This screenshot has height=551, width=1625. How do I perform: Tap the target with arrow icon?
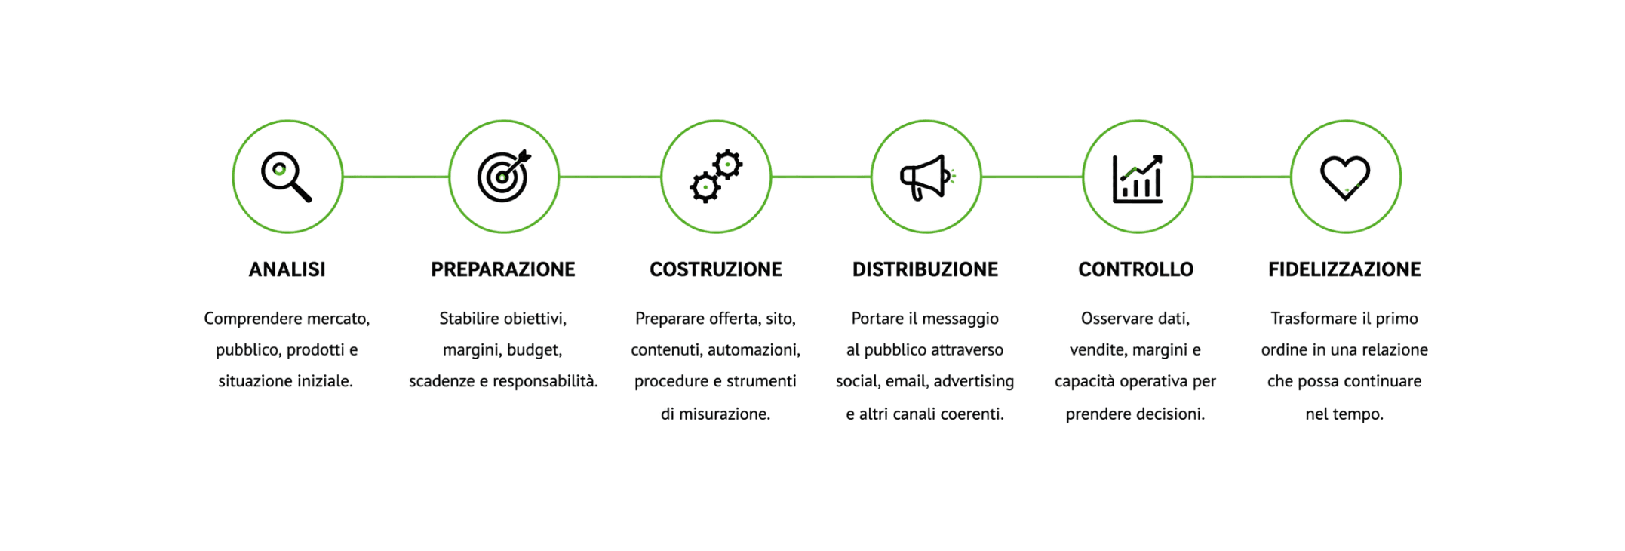point(504,176)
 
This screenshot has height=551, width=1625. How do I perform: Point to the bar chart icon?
point(1138,179)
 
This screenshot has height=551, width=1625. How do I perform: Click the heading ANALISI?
point(287,269)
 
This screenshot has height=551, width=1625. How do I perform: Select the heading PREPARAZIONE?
point(503,269)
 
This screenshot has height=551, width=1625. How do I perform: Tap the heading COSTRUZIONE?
point(716,269)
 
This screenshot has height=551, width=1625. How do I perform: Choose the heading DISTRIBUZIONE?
point(925,269)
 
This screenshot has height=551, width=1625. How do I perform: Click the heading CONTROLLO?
point(1136,269)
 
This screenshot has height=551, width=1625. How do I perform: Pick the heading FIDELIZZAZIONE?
point(1344,269)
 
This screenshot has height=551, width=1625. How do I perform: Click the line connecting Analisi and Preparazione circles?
point(396,177)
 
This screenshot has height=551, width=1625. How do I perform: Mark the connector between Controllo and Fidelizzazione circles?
point(1242,177)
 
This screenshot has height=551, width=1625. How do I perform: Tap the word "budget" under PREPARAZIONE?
point(534,350)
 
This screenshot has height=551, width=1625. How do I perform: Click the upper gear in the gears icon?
point(727,165)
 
